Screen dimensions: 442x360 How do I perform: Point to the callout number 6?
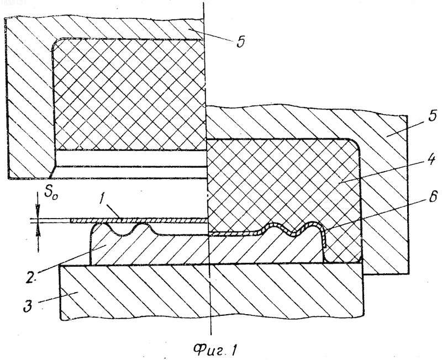tap(433, 197)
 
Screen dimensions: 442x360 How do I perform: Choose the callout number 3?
tap(28, 306)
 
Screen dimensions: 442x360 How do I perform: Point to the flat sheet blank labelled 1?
tap(138, 220)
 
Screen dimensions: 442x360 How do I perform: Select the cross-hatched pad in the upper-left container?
tap(129, 94)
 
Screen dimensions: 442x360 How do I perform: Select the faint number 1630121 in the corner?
tap(13, 3)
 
